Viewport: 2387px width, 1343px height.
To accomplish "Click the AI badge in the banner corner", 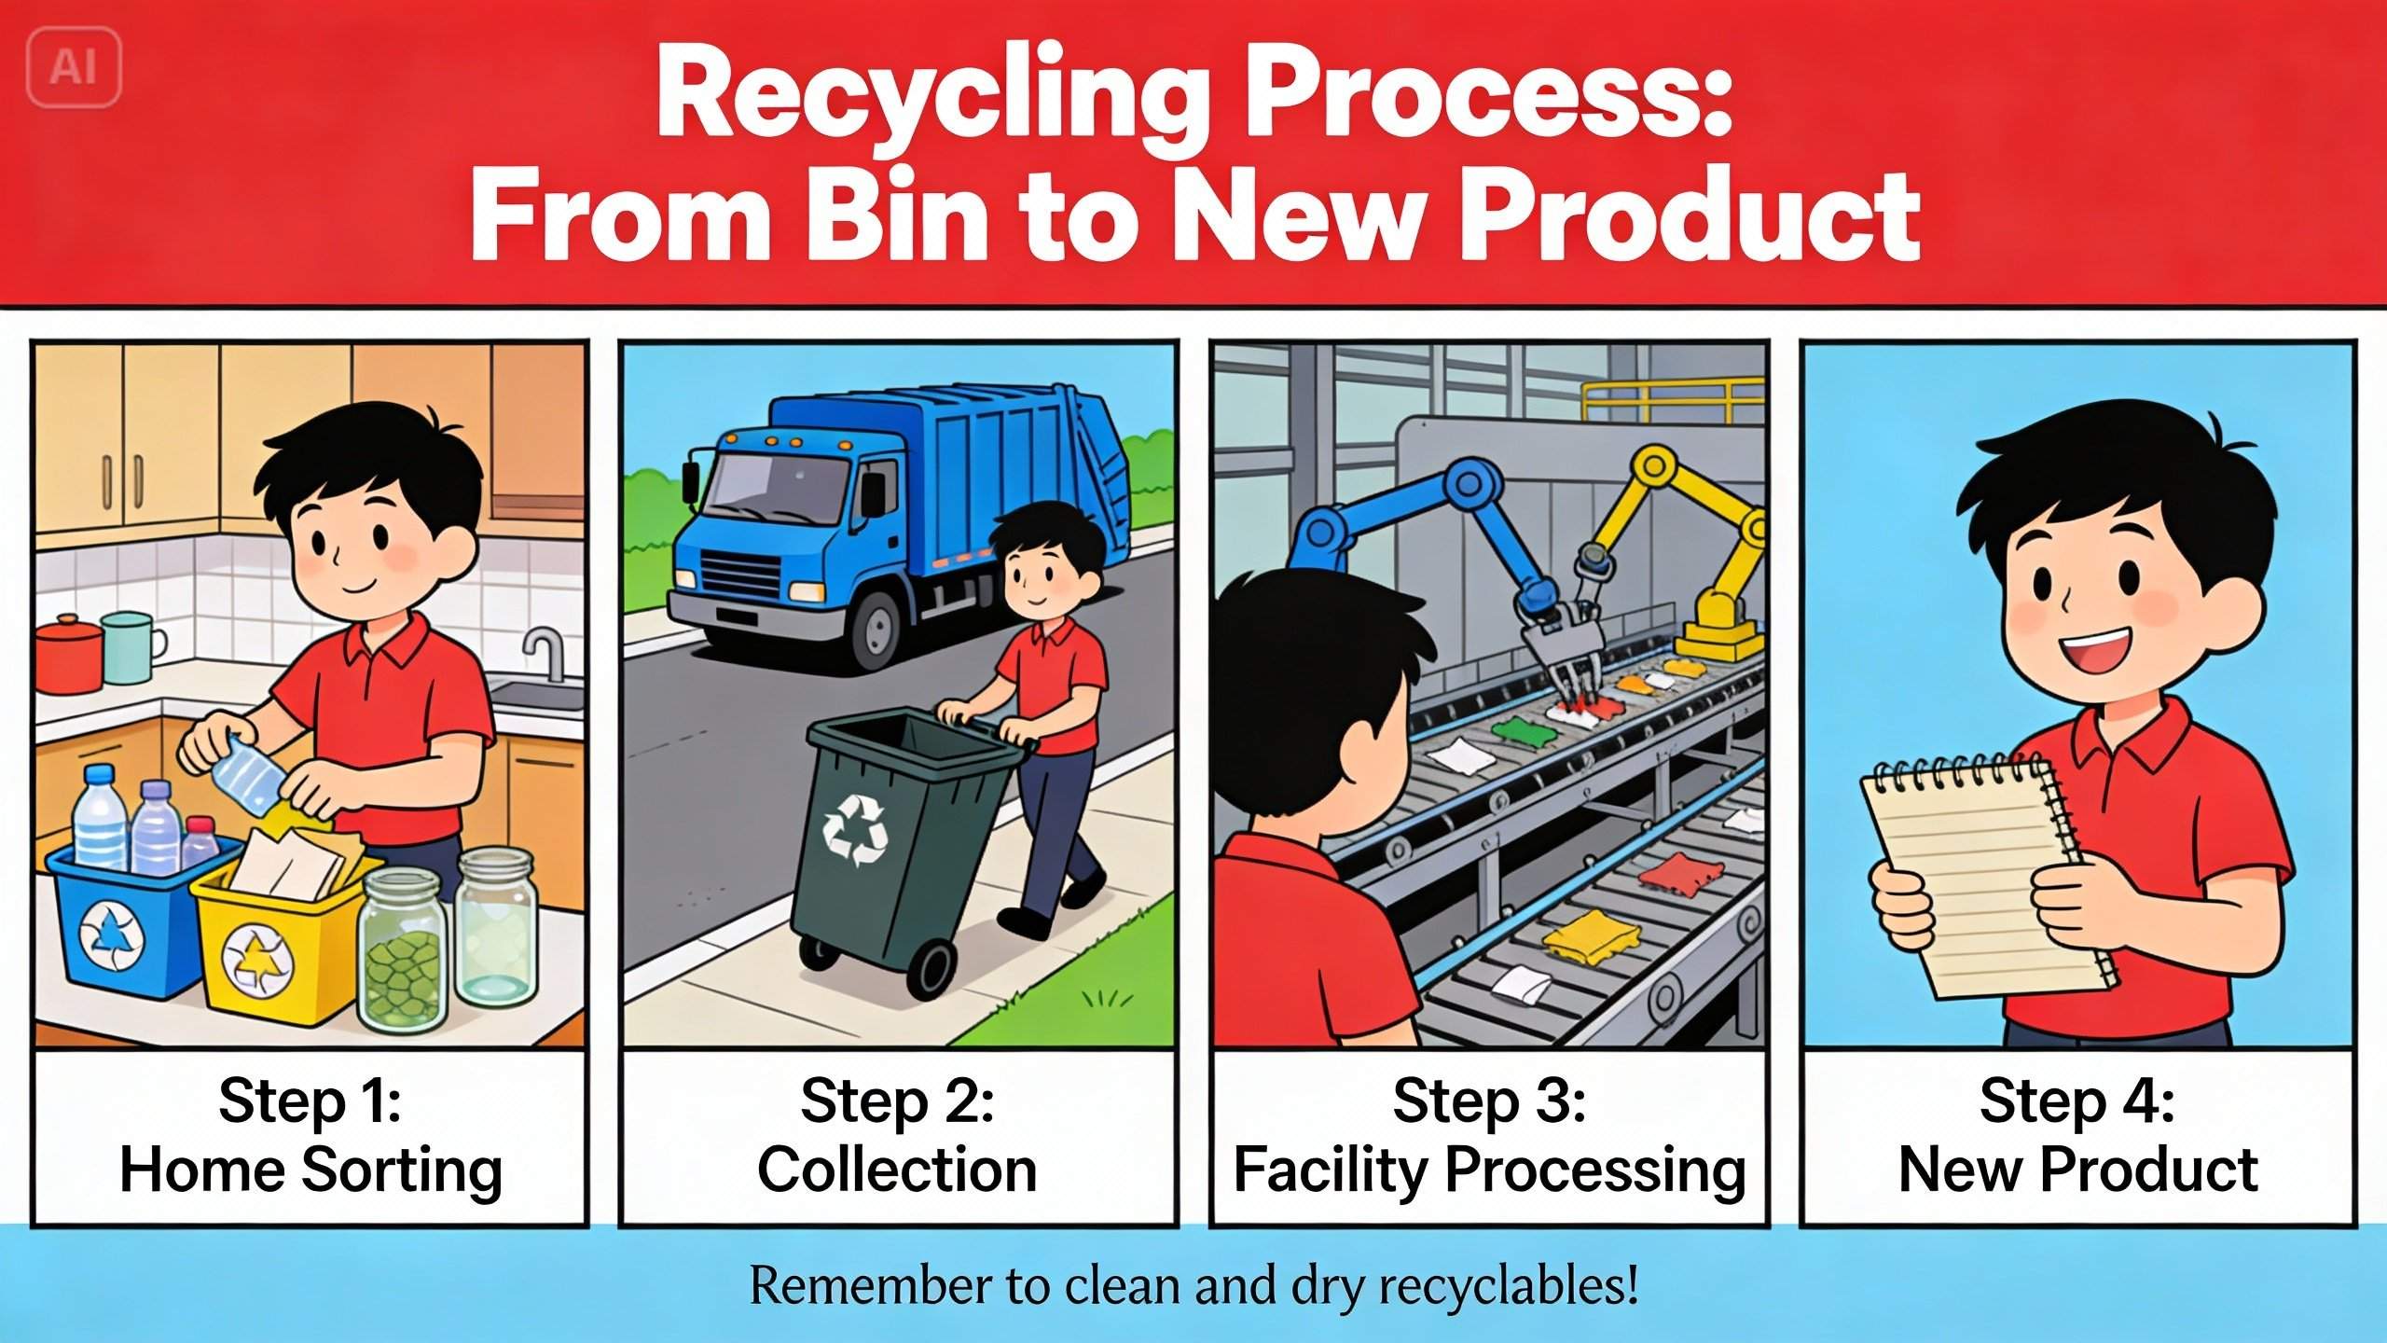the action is [75, 67].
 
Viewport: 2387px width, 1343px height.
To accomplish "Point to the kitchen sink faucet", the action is [545, 651].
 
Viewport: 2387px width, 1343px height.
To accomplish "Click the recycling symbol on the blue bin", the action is [112, 935].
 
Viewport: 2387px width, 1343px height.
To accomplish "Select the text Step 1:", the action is [310, 1101].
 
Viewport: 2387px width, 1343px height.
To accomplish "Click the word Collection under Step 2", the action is [897, 1170].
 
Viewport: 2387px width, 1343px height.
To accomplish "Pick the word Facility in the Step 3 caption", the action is [1331, 1171].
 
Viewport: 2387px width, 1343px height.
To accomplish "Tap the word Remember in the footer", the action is [872, 1287].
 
